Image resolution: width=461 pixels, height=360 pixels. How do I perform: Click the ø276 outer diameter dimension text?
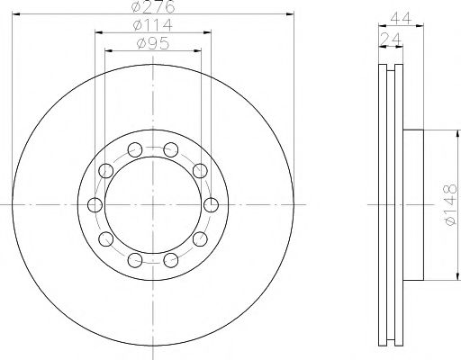click(152, 7)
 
